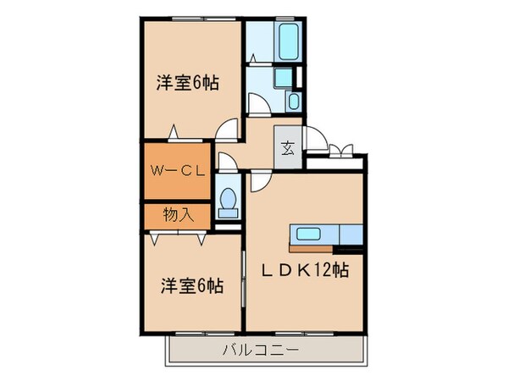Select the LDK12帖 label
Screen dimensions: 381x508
[306, 272]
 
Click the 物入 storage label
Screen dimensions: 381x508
[179, 215]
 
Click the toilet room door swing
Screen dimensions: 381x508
[226, 161]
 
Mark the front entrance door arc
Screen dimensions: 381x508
[314, 139]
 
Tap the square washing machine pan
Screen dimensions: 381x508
[288, 76]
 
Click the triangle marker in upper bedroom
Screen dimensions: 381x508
[174, 131]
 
